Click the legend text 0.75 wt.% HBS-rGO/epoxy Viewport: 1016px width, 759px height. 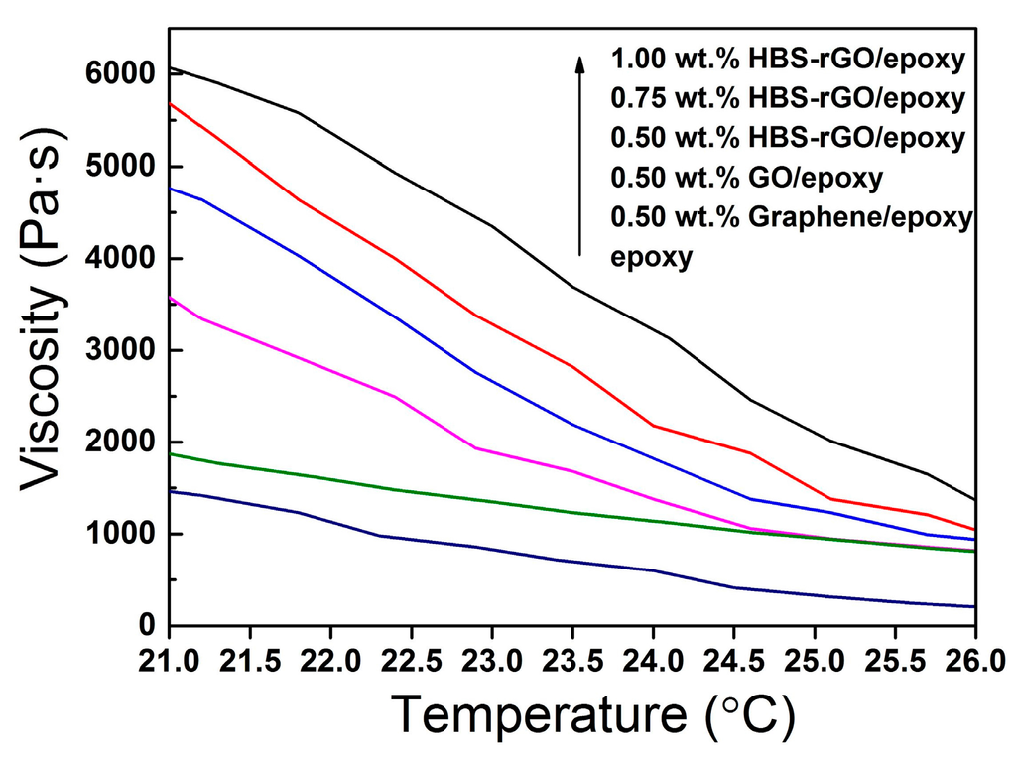[x=788, y=98]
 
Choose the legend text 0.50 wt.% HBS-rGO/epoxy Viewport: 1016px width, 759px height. [x=788, y=138]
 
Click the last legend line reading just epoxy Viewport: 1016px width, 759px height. [x=650, y=257]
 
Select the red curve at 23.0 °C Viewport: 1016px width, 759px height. [x=492, y=323]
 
